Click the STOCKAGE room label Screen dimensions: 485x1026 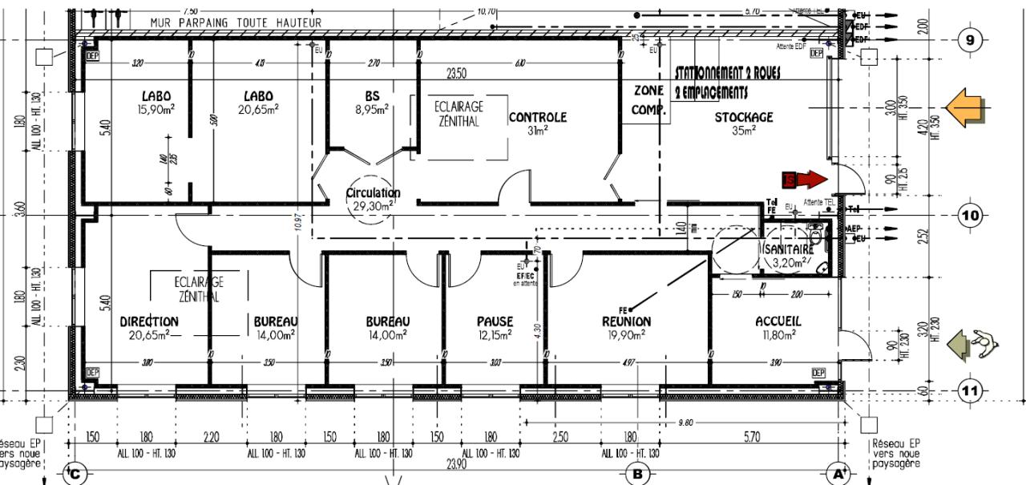coord(743,118)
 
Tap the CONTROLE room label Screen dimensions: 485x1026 coord(537,117)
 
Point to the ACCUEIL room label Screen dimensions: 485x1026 coord(778,321)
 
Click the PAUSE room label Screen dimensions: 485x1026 coord(495,321)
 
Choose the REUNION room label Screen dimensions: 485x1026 coord(626,321)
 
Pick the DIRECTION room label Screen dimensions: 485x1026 coord(149,321)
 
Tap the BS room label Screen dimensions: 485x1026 coord(372,97)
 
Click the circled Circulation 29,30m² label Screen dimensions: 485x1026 coord(373,199)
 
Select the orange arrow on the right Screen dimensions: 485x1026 coord(967,107)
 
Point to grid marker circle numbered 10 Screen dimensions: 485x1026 coord(971,216)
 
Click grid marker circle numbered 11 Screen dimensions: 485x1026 coord(971,391)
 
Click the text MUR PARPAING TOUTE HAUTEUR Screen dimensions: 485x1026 coord(236,23)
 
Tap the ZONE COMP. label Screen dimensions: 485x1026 coord(648,101)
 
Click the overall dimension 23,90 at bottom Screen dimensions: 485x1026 coord(455,463)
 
